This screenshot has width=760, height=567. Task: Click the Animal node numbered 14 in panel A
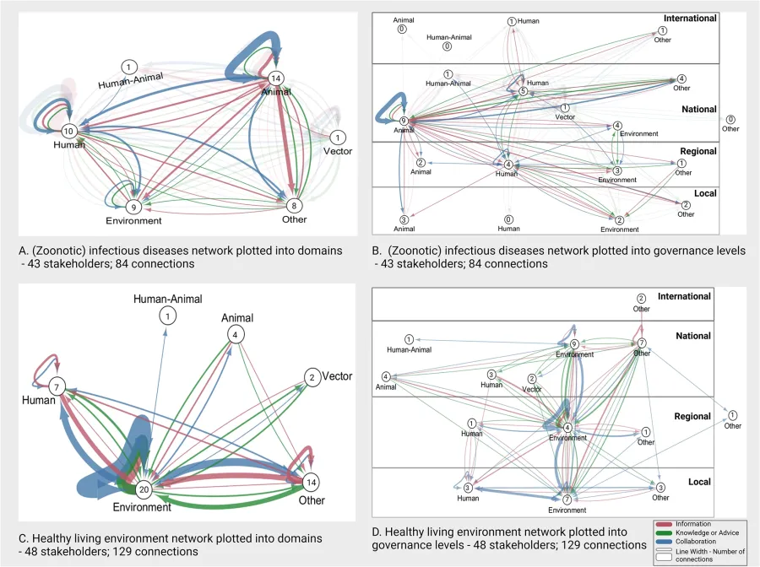click(275, 78)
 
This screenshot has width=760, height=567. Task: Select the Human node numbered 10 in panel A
click(69, 131)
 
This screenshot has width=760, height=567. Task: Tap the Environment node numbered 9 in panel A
click(133, 207)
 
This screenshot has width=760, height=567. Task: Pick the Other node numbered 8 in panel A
click(293, 204)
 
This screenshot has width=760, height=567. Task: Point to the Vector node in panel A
click(338, 137)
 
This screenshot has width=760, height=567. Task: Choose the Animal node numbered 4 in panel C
click(234, 334)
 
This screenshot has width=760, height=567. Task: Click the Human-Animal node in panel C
click(170, 316)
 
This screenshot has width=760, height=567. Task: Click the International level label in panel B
click(689, 19)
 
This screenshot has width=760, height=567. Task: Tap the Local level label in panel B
click(704, 193)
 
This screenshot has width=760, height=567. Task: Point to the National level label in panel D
click(693, 336)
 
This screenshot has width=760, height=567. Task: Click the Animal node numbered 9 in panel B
click(404, 121)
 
